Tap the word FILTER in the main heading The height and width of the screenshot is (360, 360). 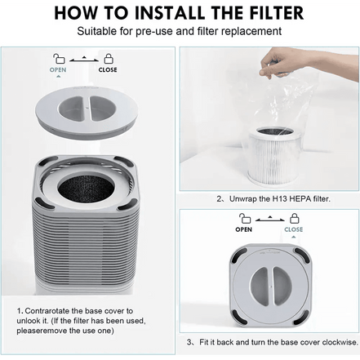(x=269, y=13)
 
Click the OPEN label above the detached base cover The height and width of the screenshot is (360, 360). (x=58, y=69)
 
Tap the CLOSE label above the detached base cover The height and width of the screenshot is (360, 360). (x=107, y=69)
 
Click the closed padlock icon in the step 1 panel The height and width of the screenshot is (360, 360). (x=107, y=58)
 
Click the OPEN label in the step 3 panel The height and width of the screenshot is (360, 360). (x=243, y=230)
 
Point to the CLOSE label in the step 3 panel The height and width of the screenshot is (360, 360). (x=293, y=230)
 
